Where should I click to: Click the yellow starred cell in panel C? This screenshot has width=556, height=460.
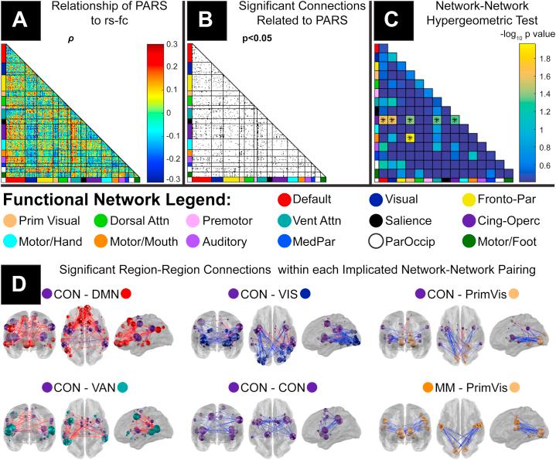410,138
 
